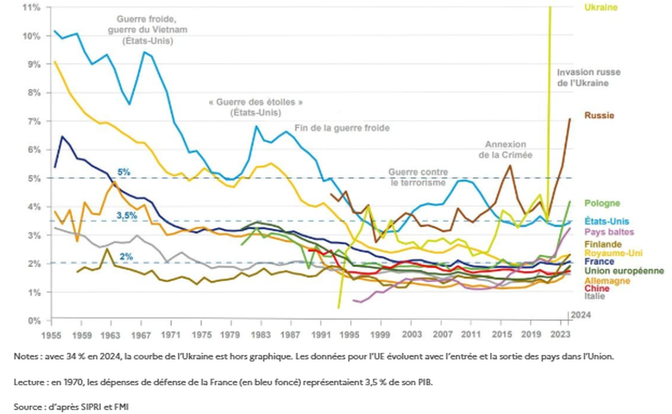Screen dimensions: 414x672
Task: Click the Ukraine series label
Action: [x=601, y=7]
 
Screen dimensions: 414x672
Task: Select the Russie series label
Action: [x=599, y=115]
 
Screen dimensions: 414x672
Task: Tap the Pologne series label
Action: [x=602, y=203]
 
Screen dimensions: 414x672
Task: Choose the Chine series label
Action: [x=597, y=288]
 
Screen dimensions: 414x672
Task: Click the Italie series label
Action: [x=595, y=296]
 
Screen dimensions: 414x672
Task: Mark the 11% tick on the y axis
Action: [x=32, y=7]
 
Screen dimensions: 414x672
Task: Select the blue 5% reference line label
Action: [x=124, y=172]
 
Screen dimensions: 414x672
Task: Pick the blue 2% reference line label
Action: [x=126, y=256]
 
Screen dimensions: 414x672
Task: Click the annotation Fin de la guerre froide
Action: [x=342, y=128]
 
